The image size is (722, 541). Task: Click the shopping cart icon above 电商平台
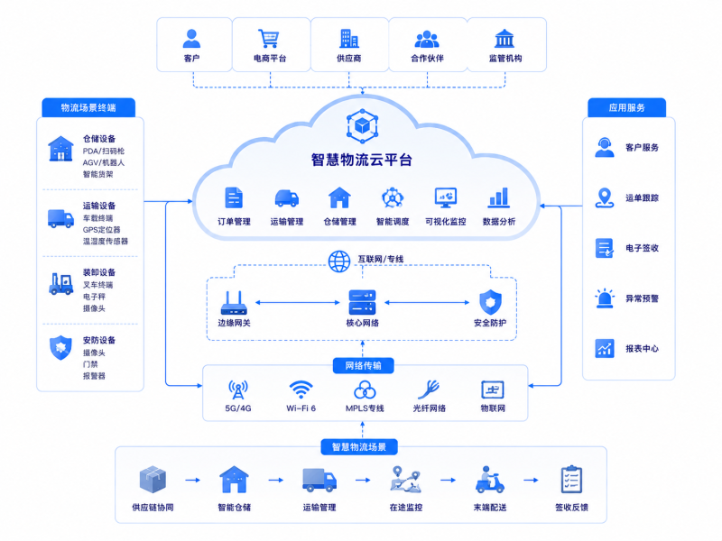pyautogui.click(x=268, y=39)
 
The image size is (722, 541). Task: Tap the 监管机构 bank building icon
pyautogui.click(x=504, y=39)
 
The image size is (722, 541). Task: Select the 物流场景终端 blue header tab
pyautogui.click(x=88, y=107)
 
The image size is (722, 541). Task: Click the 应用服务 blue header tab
pyautogui.click(x=626, y=107)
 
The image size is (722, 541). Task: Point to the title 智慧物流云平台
pyautogui.click(x=362, y=160)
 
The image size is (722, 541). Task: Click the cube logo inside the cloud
pyautogui.click(x=363, y=125)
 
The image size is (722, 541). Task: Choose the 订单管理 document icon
pyautogui.click(x=234, y=197)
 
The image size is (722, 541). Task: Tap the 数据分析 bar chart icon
pyautogui.click(x=499, y=197)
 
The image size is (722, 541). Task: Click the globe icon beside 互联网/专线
pyautogui.click(x=339, y=261)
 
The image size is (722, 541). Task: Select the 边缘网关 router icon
pyautogui.click(x=234, y=303)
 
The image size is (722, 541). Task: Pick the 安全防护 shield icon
pyautogui.click(x=490, y=302)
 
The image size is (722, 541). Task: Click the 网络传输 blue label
pyautogui.click(x=364, y=366)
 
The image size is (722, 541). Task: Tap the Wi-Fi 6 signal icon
pyautogui.click(x=301, y=390)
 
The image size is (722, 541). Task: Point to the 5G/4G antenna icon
pyautogui.click(x=238, y=390)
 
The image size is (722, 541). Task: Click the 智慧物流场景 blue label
pyautogui.click(x=359, y=446)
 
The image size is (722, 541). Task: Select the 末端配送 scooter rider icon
pyautogui.click(x=489, y=480)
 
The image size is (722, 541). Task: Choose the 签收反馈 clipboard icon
pyautogui.click(x=571, y=480)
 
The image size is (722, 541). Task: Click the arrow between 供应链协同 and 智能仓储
pyautogui.click(x=193, y=481)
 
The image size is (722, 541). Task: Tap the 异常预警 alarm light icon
pyautogui.click(x=605, y=298)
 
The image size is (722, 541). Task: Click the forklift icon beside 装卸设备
pyautogui.click(x=60, y=283)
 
